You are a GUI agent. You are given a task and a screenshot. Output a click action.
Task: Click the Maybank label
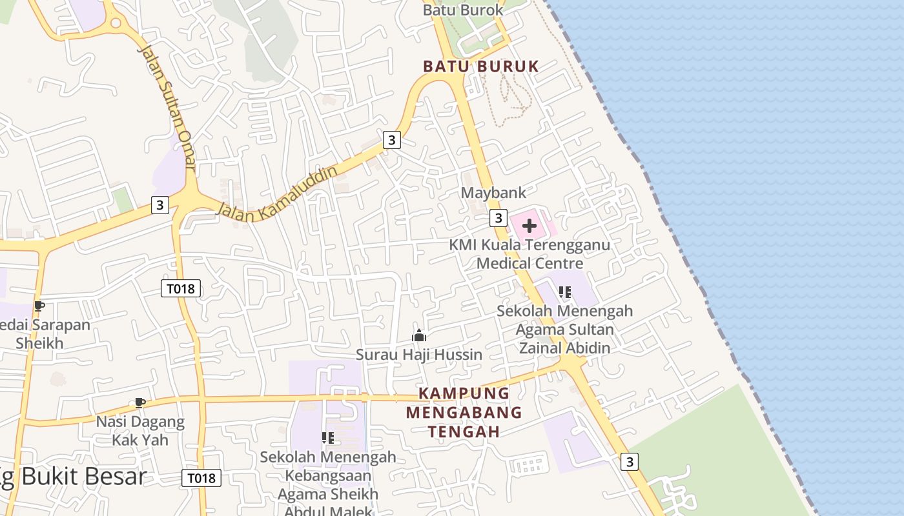click(x=493, y=192)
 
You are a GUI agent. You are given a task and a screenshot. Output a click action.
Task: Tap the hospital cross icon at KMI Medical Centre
click(x=529, y=226)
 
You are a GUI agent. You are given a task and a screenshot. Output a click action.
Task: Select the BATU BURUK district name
click(x=480, y=66)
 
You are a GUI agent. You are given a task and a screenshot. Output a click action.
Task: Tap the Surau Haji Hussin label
click(x=419, y=354)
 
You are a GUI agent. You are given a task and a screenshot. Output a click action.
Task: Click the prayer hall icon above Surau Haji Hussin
click(x=419, y=335)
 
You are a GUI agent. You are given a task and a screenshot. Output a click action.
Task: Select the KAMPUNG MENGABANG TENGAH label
click(x=464, y=412)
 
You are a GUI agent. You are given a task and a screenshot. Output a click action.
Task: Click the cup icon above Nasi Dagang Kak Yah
click(x=139, y=403)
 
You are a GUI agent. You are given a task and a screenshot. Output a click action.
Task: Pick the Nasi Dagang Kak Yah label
click(x=140, y=431)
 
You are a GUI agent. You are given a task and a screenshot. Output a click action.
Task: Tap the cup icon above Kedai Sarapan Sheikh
click(x=39, y=306)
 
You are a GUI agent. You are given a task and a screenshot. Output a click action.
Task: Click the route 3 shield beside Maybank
click(x=498, y=218)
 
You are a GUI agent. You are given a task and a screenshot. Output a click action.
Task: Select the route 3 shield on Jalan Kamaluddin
click(x=391, y=139)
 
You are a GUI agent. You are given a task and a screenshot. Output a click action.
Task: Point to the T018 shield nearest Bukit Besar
click(x=201, y=478)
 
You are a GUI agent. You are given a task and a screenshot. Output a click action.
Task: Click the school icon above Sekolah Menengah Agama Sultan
click(x=565, y=292)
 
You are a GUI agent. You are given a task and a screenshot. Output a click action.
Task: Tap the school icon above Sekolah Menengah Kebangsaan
click(x=327, y=438)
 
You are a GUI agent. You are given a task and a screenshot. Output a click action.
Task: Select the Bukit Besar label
click(x=74, y=477)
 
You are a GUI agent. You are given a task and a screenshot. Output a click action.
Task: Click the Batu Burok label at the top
click(x=462, y=10)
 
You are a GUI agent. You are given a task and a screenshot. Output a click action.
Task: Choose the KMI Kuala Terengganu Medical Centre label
click(x=529, y=254)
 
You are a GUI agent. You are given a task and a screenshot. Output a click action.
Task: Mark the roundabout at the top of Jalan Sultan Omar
click(x=116, y=24)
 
